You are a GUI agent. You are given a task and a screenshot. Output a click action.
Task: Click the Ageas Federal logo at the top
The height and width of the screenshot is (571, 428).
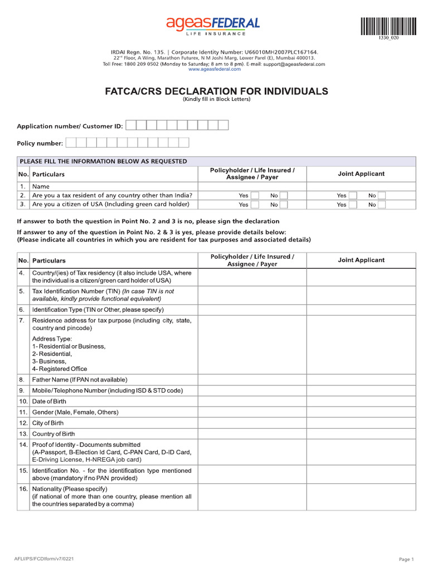click(x=212, y=25)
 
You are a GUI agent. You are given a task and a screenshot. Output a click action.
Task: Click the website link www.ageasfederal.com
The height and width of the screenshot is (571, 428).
click(x=214, y=70)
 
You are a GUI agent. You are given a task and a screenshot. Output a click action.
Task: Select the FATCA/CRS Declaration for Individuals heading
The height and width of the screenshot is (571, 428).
click(x=217, y=91)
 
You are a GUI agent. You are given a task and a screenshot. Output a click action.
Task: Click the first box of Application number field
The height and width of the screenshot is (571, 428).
click(x=131, y=125)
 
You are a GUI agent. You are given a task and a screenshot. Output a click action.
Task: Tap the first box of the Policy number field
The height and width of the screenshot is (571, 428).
click(x=71, y=143)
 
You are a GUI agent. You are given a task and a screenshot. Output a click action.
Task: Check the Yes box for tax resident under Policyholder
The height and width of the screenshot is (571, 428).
click(x=255, y=196)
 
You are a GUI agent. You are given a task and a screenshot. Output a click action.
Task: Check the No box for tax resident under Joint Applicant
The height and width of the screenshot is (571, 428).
click(x=382, y=196)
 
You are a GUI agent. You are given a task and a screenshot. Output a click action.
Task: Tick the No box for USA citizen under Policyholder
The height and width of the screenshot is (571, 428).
click(x=284, y=205)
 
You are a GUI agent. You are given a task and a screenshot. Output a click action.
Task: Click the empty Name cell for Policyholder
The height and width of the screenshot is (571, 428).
click(x=252, y=186)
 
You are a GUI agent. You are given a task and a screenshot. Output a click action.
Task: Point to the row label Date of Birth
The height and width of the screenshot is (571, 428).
click(x=49, y=401)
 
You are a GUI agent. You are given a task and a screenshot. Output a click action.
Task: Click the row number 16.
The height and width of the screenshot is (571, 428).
click(x=23, y=489)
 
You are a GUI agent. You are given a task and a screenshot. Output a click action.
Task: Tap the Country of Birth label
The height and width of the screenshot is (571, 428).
click(x=53, y=434)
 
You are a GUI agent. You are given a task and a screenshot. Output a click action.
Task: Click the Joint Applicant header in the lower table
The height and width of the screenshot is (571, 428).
click(x=361, y=260)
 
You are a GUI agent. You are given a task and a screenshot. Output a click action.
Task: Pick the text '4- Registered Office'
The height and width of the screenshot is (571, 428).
click(x=60, y=369)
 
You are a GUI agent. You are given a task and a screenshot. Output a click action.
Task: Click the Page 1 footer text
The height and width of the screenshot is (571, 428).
click(x=406, y=559)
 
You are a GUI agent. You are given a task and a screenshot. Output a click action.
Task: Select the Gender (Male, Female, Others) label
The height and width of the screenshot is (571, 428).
click(x=75, y=412)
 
